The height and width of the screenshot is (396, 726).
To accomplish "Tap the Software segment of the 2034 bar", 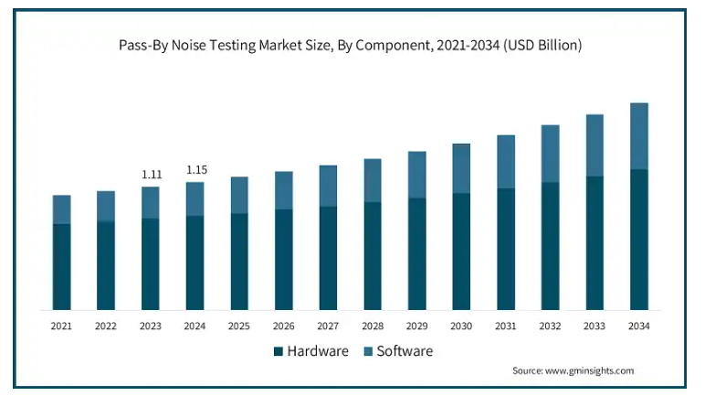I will (639, 136).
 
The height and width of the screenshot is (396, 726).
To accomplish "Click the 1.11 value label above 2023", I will (151, 174).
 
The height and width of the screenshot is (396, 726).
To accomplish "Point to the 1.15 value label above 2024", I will (196, 169).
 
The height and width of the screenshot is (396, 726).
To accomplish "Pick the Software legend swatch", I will (366, 351).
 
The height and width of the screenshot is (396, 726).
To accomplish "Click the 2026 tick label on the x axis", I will (284, 326).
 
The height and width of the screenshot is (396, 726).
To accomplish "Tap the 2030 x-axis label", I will (461, 326).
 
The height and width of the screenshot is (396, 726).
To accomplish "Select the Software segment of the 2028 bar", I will (373, 180).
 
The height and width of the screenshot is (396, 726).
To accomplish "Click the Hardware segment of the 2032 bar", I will (551, 246).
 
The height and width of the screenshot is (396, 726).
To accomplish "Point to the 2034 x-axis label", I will (639, 326).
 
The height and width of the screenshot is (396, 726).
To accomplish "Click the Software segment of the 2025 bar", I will (239, 195).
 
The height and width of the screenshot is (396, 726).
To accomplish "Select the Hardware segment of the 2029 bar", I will (417, 253).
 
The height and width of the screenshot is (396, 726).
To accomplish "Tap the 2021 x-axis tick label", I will (62, 326).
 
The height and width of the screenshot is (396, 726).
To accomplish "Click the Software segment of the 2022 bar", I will (106, 206).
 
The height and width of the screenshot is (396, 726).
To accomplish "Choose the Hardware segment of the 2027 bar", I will (328, 258).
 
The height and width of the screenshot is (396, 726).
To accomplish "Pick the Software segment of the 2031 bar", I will (506, 162).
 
